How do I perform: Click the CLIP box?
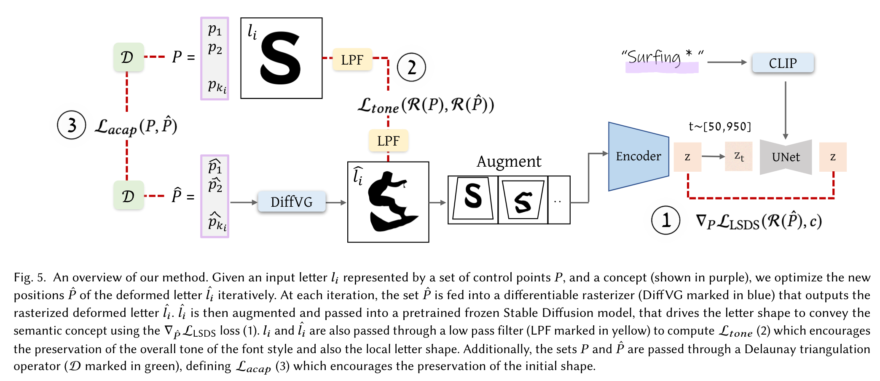click(783, 63)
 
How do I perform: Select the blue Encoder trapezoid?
click(638, 157)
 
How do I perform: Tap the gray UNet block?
click(786, 157)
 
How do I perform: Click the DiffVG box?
click(291, 202)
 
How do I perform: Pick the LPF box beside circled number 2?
click(352, 59)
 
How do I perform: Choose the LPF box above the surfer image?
click(388, 141)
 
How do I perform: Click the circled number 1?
click(665, 220)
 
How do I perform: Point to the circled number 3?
click(72, 125)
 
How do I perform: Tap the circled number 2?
click(411, 67)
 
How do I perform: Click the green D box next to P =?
click(128, 57)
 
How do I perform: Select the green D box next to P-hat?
click(128, 195)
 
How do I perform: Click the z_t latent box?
click(738, 157)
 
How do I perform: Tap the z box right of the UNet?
click(832, 157)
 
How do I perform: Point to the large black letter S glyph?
click(280, 58)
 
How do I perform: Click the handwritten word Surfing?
click(655, 58)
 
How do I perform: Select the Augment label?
click(509, 161)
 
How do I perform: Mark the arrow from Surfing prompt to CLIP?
click(727, 62)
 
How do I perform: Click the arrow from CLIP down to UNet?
click(785, 110)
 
